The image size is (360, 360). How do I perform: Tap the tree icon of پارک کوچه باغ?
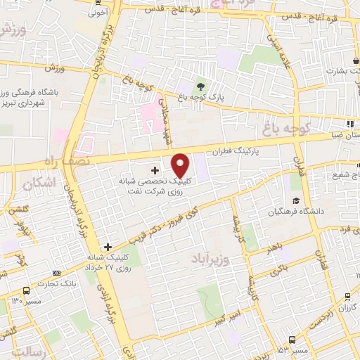pos(202,87)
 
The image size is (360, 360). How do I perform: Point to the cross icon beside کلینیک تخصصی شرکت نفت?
pos(155,170)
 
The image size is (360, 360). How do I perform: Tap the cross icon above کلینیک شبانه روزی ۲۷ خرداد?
pos(107,247)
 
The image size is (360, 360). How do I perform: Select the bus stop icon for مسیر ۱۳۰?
pos(26,290)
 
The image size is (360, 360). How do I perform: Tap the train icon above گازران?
pos(349,298)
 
